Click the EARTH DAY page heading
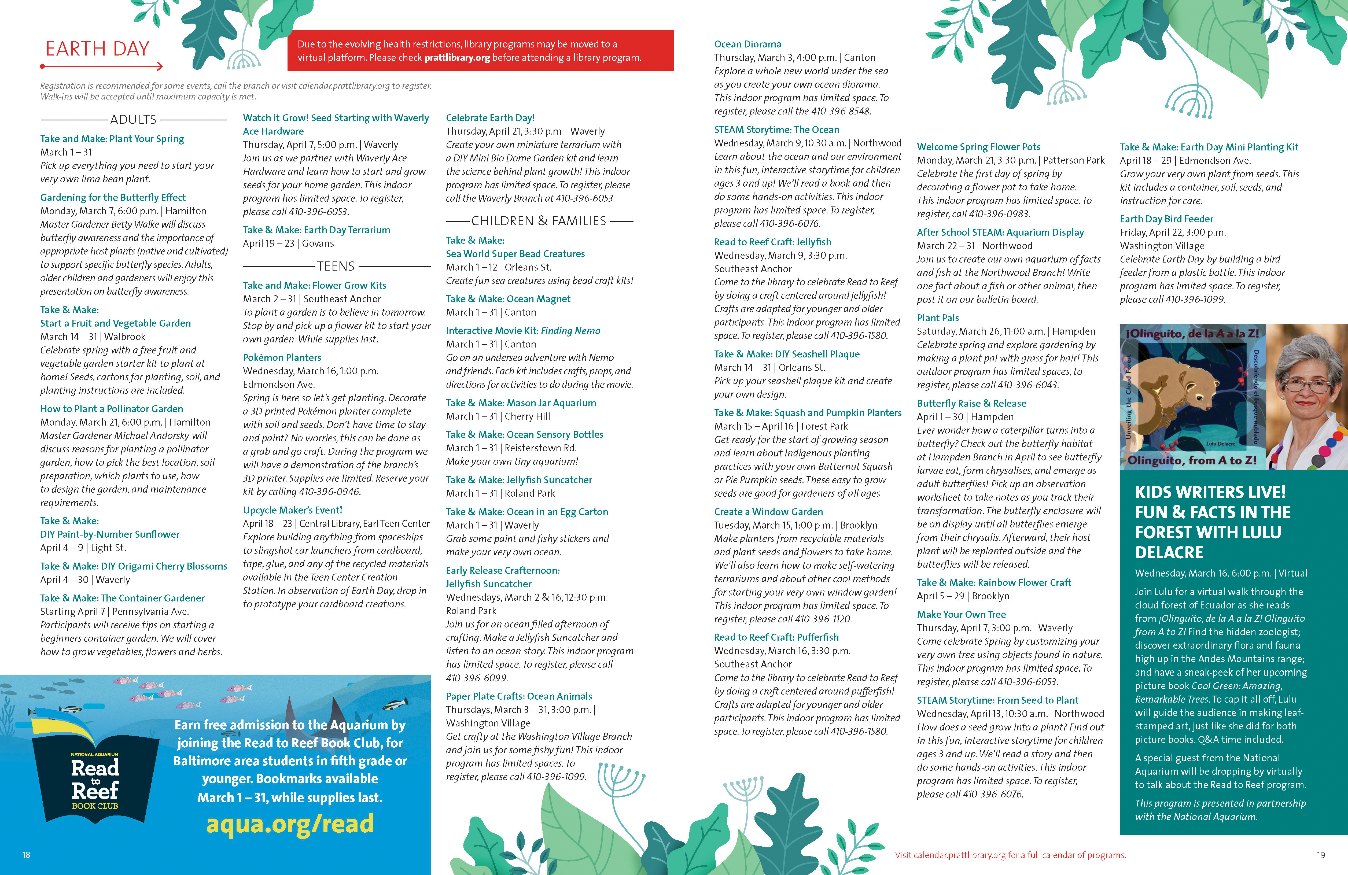pos(97,49)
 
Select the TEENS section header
pos(336,266)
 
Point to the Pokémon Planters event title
pos(282,357)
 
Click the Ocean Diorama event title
pos(748,44)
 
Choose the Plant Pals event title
pos(938,318)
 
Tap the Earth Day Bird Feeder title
pos(1166,219)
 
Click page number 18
pos(26,855)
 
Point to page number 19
pos(1321,855)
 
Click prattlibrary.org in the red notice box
pos(457,58)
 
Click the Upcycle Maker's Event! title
pos(292,510)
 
